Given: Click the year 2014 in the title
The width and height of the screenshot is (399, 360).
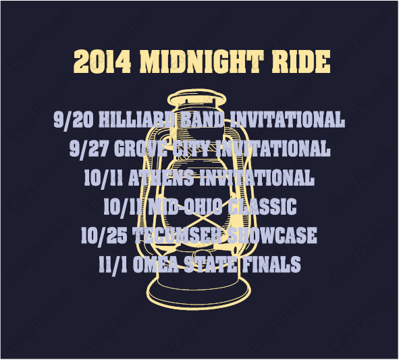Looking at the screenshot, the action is [103, 61].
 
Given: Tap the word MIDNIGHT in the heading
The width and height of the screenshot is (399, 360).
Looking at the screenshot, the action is [201, 61].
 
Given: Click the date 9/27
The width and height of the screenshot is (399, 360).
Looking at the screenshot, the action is [88, 149].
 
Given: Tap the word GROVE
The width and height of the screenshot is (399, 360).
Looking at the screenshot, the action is [140, 149].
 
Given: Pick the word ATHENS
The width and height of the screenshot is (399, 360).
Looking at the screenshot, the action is [161, 178].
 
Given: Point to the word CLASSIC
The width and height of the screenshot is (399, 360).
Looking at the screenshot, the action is [262, 207].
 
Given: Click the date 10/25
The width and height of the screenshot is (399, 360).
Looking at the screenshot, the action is [104, 236].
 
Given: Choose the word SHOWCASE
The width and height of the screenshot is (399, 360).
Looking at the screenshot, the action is [271, 235].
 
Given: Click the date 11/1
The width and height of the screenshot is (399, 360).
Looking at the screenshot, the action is [113, 265].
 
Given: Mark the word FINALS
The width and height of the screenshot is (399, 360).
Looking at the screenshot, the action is [271, 264].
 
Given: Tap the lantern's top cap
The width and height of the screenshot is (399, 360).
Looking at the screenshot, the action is [196, 98].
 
